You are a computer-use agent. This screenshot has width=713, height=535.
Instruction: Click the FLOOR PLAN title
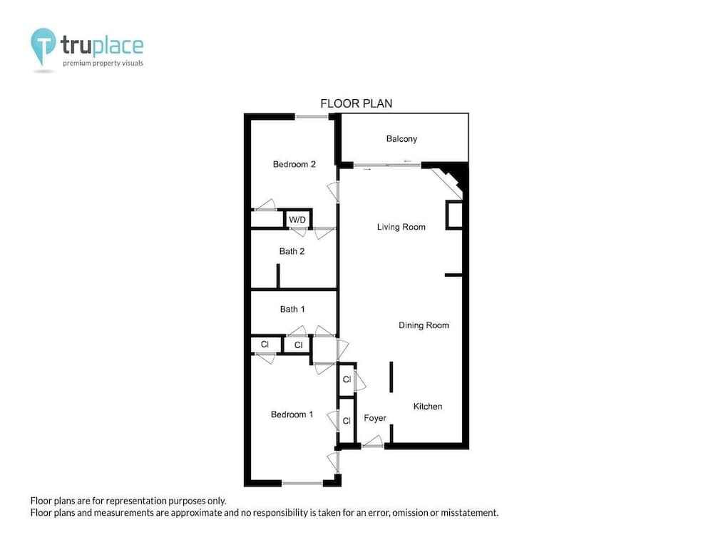tap(356, 103)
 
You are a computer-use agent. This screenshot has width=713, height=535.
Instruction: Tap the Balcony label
tap(401, 138)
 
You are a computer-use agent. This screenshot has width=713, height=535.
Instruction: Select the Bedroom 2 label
tap(294, 164)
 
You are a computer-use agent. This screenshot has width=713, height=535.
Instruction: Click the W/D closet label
tap(297, 219)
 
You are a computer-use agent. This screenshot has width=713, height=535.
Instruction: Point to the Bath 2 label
tap(292, 251)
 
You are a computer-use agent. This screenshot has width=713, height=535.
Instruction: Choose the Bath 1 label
tap(292, 309)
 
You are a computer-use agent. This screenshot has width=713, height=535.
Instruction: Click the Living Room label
tap(401, 227)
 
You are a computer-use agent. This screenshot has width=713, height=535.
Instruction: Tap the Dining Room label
tap(424, 325)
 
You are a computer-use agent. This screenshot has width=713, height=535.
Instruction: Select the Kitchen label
tap(428, 407)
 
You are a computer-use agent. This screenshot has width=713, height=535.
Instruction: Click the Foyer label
tap(375, 418)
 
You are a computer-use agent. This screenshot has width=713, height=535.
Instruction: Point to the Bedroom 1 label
tap(292, 414)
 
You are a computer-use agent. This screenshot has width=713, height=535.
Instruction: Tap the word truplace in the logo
tap(102, 46)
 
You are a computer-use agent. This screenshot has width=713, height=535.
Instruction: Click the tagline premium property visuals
tap(103, 63)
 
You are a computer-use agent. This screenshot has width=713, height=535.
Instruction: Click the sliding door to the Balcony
tap(387, 165)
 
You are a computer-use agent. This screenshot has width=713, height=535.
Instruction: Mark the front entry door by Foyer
tap(372, 446)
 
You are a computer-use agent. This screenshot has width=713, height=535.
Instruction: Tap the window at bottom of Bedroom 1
tap(302, 484)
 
